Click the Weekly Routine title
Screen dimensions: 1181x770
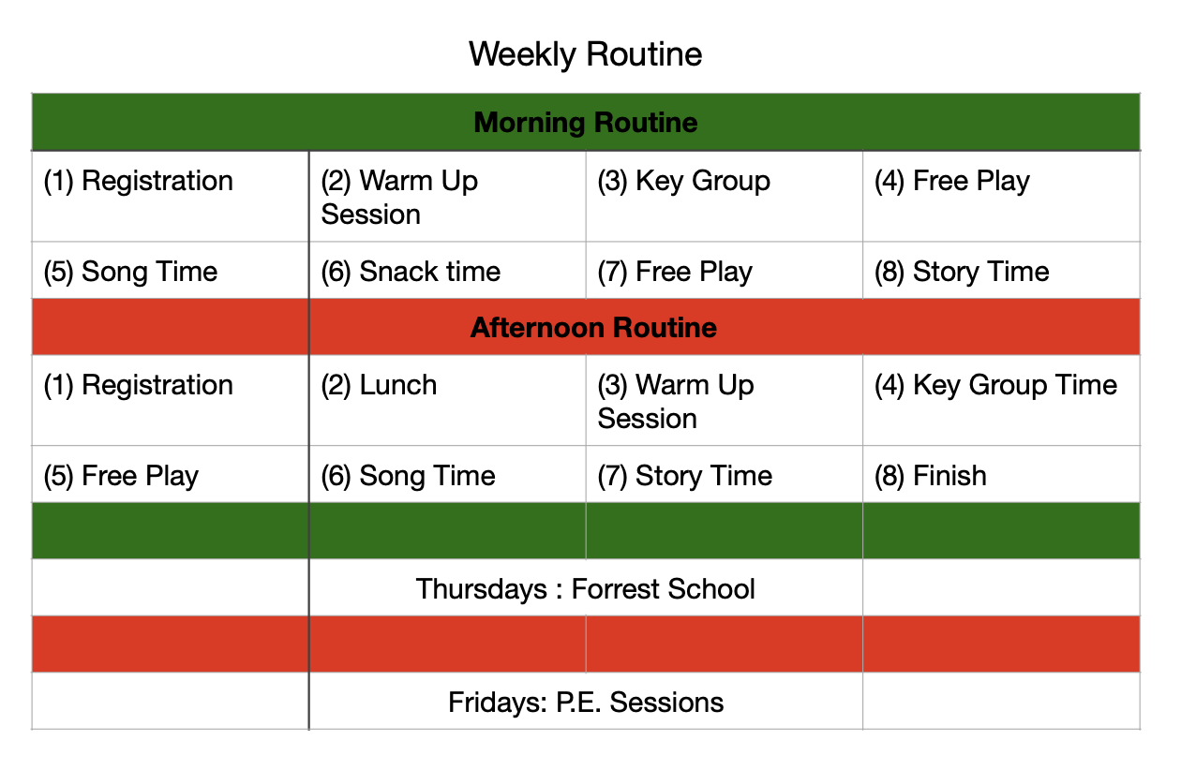(585, 54)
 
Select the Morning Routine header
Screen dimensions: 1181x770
(586, 123)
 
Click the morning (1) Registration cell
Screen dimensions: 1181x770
(171, 197)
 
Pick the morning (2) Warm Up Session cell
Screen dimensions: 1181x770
(447, 197)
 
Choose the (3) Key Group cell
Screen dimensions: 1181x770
(724, 197)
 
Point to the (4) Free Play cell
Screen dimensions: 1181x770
(1001, 197)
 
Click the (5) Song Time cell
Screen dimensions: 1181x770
(171, 271)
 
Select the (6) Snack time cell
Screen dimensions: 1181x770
(447, 271)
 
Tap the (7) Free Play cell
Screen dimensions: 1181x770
(724, 271)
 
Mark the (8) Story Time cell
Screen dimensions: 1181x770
(1001, 271)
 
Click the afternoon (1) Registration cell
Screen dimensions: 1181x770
(171, 401)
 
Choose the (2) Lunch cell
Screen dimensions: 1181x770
(447, 401)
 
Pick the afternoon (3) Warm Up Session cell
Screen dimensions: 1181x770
(724, 401)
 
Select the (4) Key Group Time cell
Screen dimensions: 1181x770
(1001, 401)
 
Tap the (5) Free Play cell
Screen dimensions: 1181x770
(171, 474)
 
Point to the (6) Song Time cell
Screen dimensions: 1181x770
(447, 474)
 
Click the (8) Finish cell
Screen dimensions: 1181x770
(1001, 474)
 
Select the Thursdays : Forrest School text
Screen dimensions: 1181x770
(585, 588)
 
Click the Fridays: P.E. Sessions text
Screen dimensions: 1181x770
(586, 702)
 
